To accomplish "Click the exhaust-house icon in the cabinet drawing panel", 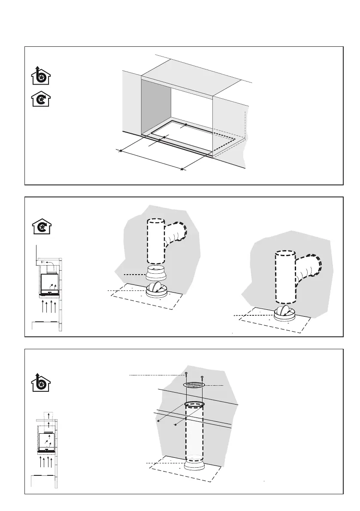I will (40, 76).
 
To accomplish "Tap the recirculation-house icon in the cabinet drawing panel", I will (40, 100).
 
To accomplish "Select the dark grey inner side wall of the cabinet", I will (156, 107).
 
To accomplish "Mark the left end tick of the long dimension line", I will (120, 151).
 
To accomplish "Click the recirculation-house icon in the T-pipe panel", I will (40, 226).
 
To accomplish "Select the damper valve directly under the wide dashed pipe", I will (284, 314).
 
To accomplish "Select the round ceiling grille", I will (194, 385).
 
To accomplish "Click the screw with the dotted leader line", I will (186, 375).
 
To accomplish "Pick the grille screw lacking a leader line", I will (202, 377).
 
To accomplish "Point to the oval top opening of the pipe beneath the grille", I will (194, 404).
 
